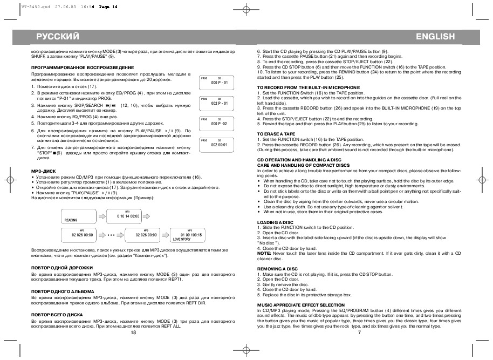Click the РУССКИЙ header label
pos(58,37)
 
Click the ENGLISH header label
pos(435,37)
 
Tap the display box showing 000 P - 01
pos(218,81)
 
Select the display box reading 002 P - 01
pos(218,102)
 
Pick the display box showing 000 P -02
pos(218,123)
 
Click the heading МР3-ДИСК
pos(42,171)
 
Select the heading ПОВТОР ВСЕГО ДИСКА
pos(57,314)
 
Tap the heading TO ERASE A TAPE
pos(276,133)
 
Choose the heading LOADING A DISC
pos(275,223)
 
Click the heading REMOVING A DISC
pos(277,268)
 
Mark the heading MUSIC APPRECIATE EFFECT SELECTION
pos(301,305)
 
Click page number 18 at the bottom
pos(134,333)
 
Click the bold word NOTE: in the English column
pos(264,253)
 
